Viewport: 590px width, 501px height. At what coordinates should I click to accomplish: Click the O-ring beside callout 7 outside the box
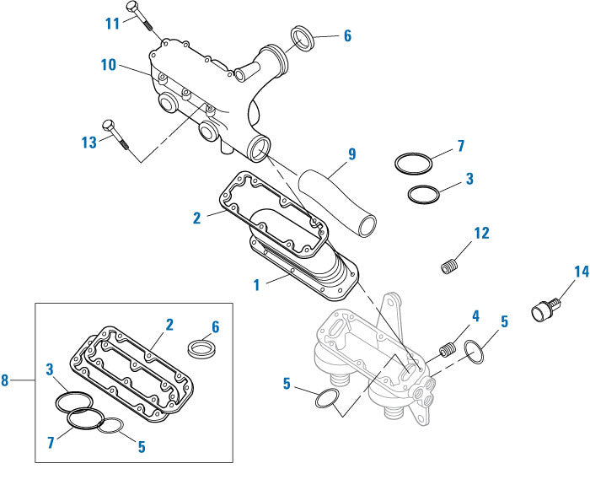[x=416, y=162]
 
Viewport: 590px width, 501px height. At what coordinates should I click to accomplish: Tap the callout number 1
[x=256, y=285]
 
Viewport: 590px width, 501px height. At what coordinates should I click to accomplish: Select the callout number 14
[x=582, y=272]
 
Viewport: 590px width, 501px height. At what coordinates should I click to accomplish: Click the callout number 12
[x=480, y=232]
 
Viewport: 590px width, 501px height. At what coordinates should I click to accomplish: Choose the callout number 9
[x=351, y=154]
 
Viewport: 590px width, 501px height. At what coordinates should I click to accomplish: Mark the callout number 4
[x=475, y=316]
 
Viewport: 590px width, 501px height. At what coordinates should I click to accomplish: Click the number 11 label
[x=113, y=24]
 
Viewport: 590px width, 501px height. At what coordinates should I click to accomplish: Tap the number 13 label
[x=89, y=143]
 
